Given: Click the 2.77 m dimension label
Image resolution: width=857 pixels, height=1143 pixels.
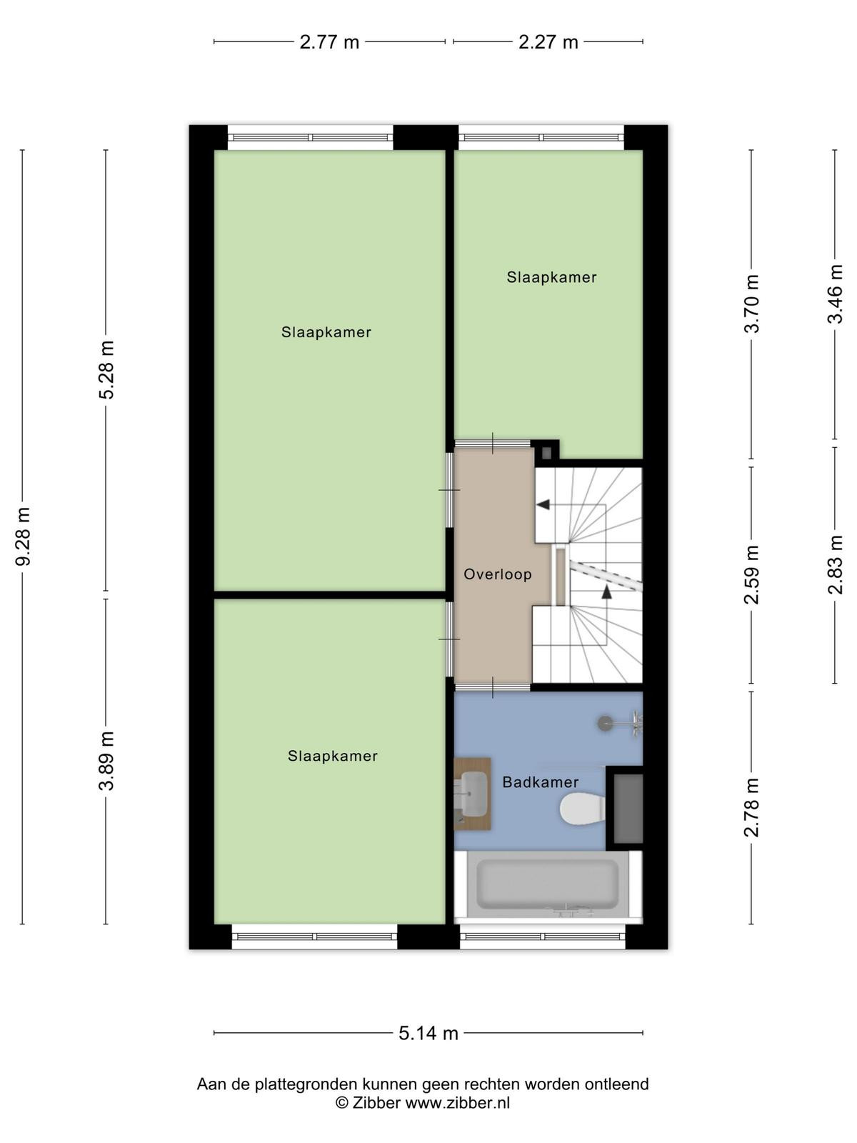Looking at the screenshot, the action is tap(329, 42).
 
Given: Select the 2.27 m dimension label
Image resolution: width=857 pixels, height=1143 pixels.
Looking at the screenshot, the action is tap(548, 42).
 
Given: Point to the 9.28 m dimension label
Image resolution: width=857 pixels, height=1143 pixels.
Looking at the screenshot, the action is tap(24, 536).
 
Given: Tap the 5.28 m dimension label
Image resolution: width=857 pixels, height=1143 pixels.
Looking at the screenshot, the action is tap(106, 370).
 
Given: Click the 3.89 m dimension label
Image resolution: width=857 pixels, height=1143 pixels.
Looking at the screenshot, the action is tap(106, 761).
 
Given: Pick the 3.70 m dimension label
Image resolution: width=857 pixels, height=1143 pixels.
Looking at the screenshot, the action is tap(751, 304).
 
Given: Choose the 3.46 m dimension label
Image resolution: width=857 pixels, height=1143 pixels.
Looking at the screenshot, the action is tap(835, 294).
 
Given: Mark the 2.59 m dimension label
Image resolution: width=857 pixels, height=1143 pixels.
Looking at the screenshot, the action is tap(751, 574).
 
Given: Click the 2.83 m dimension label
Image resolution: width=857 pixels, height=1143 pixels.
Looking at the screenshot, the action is tap(835, 565).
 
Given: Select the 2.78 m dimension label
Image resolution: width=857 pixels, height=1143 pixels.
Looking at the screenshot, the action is tap(751, 808).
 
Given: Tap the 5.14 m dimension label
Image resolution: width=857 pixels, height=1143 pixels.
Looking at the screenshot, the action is tap(428, 1032).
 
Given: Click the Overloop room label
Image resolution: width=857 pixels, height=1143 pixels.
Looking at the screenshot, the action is tap(498, 574).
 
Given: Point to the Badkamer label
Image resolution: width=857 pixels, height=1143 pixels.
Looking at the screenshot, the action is tap(540, 782).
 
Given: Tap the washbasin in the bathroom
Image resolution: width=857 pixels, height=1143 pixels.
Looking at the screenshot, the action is tap(473, 794).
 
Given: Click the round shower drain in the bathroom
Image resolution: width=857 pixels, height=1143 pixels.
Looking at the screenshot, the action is tap(605, 723).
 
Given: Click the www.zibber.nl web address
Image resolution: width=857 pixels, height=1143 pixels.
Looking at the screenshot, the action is tap(457, 1103).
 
